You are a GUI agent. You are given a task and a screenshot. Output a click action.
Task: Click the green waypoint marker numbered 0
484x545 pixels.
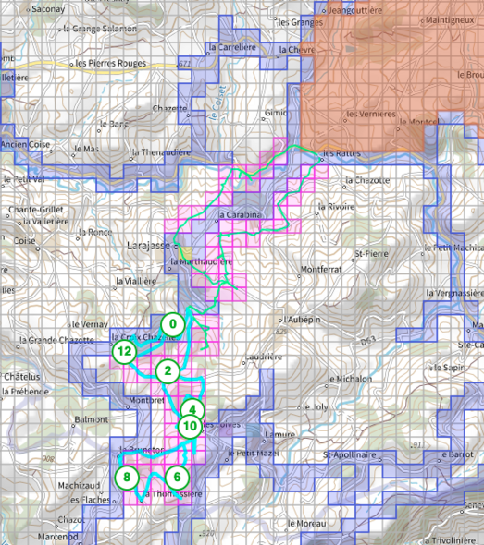click(x=172, y=324)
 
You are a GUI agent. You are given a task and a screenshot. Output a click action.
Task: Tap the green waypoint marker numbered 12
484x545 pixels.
click(x=125, y=351)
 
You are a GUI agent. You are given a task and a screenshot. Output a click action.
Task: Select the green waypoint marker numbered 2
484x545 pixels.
click(x=168, y=371)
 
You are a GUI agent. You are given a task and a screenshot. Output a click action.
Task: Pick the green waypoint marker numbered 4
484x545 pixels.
click(x=192, y=409)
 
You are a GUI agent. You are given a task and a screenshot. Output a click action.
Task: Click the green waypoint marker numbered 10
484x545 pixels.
click(x=190, y=426)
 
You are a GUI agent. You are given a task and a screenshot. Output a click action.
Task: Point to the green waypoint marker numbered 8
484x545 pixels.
click(x=128, y=478)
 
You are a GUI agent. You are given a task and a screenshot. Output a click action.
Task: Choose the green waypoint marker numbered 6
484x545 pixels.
click(x=179, y=478)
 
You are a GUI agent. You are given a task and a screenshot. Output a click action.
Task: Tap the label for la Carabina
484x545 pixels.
click(x=242, y=216)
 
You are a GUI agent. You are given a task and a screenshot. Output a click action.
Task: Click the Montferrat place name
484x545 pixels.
click(x=321, y=270)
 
